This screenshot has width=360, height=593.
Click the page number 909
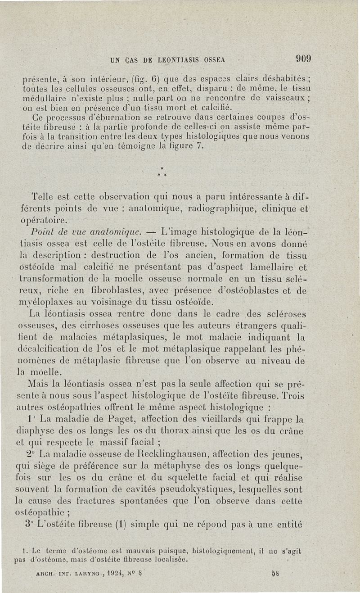tap(304, 59)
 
